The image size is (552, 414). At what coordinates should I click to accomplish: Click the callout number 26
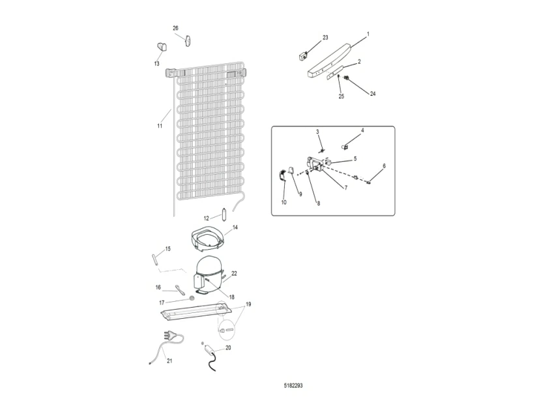click(175, 28)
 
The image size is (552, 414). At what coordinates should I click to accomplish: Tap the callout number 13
click(156, 64)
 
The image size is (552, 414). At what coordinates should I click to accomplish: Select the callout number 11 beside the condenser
click(160, 126)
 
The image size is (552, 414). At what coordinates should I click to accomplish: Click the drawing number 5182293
click(293, 385)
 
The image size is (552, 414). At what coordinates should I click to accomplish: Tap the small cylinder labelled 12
click(224, 215)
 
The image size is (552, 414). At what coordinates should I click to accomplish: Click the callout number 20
click(228, 347)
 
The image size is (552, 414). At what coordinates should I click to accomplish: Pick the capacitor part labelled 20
click(211, 350)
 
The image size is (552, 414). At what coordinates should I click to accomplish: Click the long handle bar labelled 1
click(330, 61)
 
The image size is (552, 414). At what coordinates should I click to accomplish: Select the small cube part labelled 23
click(303, 56)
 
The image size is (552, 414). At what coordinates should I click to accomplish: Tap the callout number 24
click(373, 94)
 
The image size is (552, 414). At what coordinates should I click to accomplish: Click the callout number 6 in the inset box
click(384, 166)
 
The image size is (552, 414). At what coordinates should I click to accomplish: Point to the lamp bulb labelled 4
click(345, 146)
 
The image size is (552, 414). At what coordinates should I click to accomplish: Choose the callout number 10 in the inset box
click(283, 202)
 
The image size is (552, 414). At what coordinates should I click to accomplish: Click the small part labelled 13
click(161, 47)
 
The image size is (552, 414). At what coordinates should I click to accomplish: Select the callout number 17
click(162, 303)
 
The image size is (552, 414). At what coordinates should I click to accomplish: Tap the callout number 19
click(248, 304)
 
